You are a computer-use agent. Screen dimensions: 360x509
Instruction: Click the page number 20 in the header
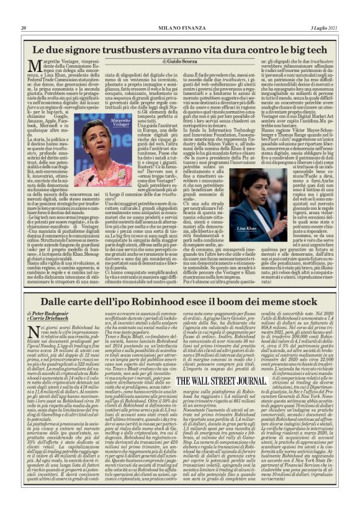tap(24, 28)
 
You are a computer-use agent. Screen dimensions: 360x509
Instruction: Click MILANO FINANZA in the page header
tap(179, 28)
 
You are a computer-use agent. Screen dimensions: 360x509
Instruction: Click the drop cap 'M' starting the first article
tap(35, 69)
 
